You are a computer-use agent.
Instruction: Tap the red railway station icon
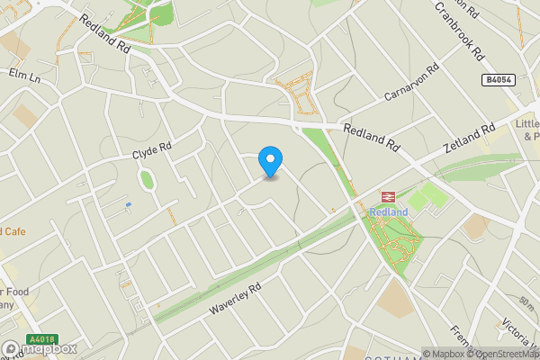(x=389, y=197)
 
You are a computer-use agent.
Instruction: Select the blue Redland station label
(x=389, y=211)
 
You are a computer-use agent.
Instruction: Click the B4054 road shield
(x=497, y=80)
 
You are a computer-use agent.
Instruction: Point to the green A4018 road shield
(x=41, y=340)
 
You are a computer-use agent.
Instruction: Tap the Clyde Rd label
(x=151, y=150)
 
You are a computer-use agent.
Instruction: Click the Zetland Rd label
(x=469, y=140)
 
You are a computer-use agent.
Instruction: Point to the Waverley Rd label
(x=234, y=298)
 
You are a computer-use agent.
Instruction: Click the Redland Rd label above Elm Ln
(x=103, y=32)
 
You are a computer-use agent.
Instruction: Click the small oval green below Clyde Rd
(x=148, y=180)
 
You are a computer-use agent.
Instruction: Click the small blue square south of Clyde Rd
(x=128, y=205)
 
